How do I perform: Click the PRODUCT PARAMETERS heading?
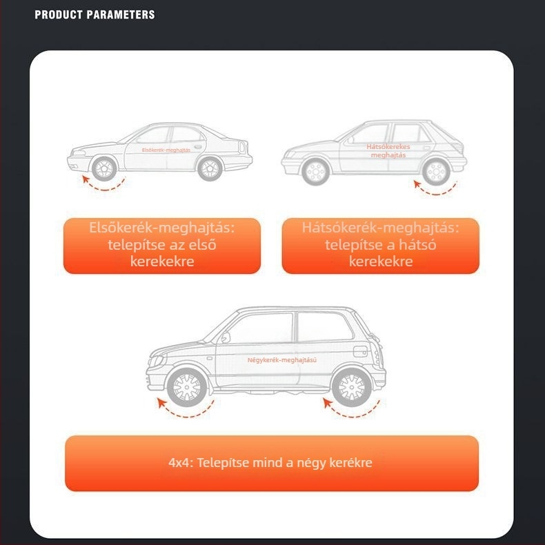pyautogui.click(x=95, y=14)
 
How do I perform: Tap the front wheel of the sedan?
pyautogui.click(x=104, y=168)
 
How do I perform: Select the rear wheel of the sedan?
pyautogui.click(x=210, y=168)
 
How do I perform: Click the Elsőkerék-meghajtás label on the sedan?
pyautogui.click(x=166, y=150)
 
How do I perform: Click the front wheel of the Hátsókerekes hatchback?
pyautogui.click(x=315, y=172)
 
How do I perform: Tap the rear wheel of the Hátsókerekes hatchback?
pyautogui.click(x=436, y=172)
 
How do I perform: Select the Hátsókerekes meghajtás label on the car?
pyautogui.click(x=388, y=151)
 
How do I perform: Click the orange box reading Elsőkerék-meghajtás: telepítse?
pyautogui.click(x=162, y=246)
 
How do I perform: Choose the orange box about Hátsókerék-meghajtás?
pyautogui.click(x=381, y=246)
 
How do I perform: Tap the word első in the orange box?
pyautogui.click(x=202, y=245)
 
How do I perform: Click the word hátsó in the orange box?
pyautogui.click(x=417, y=245)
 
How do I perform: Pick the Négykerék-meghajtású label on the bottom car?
pyautogui.click(x=282, y=360)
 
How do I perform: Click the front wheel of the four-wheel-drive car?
pyautogui.click(x=187, y=387)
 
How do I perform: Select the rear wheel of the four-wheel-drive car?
pyautogui.click(x=351, y=387)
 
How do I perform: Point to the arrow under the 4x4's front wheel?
pyautogui.click(x=186, y=415)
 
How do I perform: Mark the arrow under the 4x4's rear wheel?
pyautogui.click(x=352, y=415)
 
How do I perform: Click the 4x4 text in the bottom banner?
pyautogui.click(x=180, y=463)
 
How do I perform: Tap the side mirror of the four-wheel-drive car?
pyautogui.click(x=226, y=337)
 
